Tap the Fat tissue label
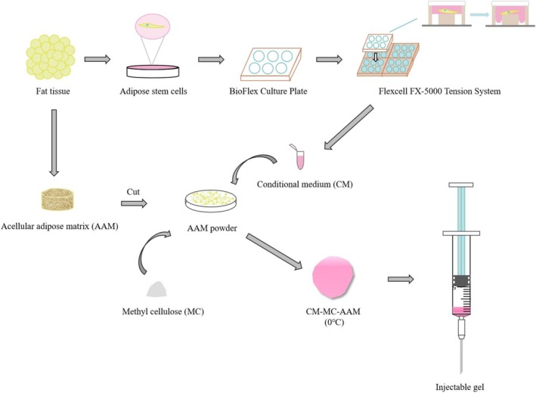pos(53,91)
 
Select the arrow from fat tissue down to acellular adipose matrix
pos(54,143)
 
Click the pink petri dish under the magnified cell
pos(153,71)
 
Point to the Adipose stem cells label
pos(153,91)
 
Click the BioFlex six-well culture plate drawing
pos(271,63)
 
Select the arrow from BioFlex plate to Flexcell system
pos(329,60)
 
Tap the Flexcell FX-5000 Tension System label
pos(439,91)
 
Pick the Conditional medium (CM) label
pos(305,184)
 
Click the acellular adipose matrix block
pos(57,200)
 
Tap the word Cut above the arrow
pos(133,192)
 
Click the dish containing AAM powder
pos(211,200)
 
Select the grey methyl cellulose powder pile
pos(157,289)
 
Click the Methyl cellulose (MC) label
pos(163,311)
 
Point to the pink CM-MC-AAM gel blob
pos(333,277)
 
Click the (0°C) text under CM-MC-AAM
pos(333,322)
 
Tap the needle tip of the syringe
pos(461,373)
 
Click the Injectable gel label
pos(460,387)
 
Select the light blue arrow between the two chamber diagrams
pos(479,14)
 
